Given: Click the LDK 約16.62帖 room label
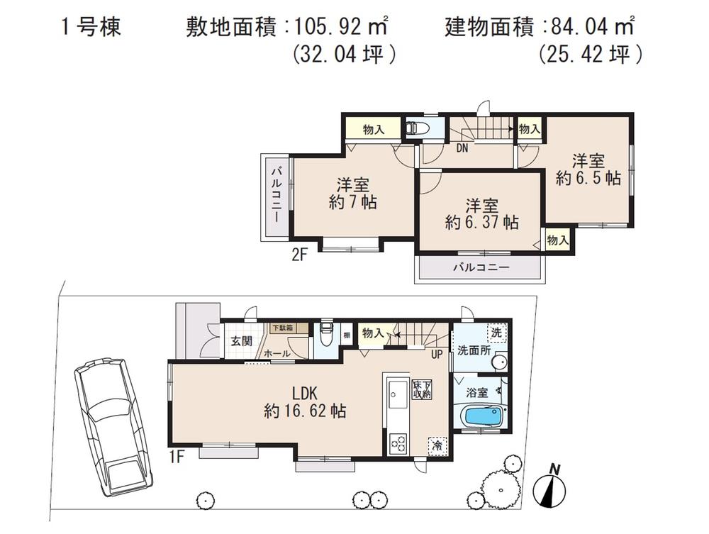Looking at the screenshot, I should (x=305, y=401).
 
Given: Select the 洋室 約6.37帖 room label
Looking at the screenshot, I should (x=481, y=213).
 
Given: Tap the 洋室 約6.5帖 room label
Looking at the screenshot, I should (x=588, y=169).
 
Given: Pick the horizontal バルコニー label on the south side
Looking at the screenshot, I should (x=481, y=268).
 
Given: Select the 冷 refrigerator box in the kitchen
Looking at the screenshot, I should (x=437, y=446).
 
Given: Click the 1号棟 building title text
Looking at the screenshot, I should (x=89, y=28).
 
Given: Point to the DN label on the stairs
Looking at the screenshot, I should (x=462, y=148).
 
